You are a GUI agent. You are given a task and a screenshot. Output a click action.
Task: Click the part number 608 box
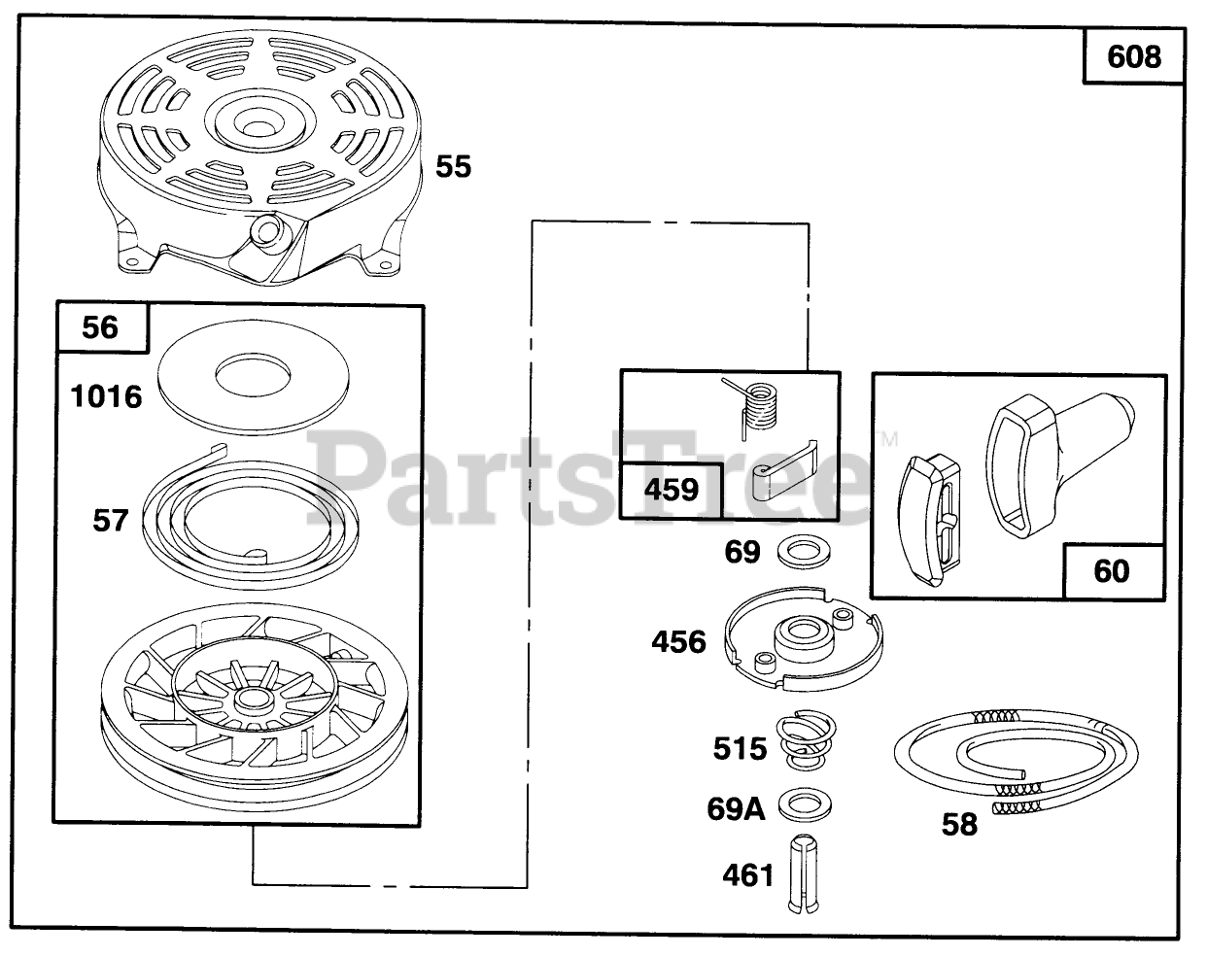click(1134, 56)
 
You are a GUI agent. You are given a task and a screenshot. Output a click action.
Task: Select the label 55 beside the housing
click(453, 166)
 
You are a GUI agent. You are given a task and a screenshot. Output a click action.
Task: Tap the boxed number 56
click(101, 327)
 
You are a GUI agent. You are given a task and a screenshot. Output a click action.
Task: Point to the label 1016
click(105, 396)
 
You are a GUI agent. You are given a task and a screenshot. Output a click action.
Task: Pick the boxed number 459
click(672, 489)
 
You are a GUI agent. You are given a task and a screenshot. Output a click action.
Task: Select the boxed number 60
click(1111, 570)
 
